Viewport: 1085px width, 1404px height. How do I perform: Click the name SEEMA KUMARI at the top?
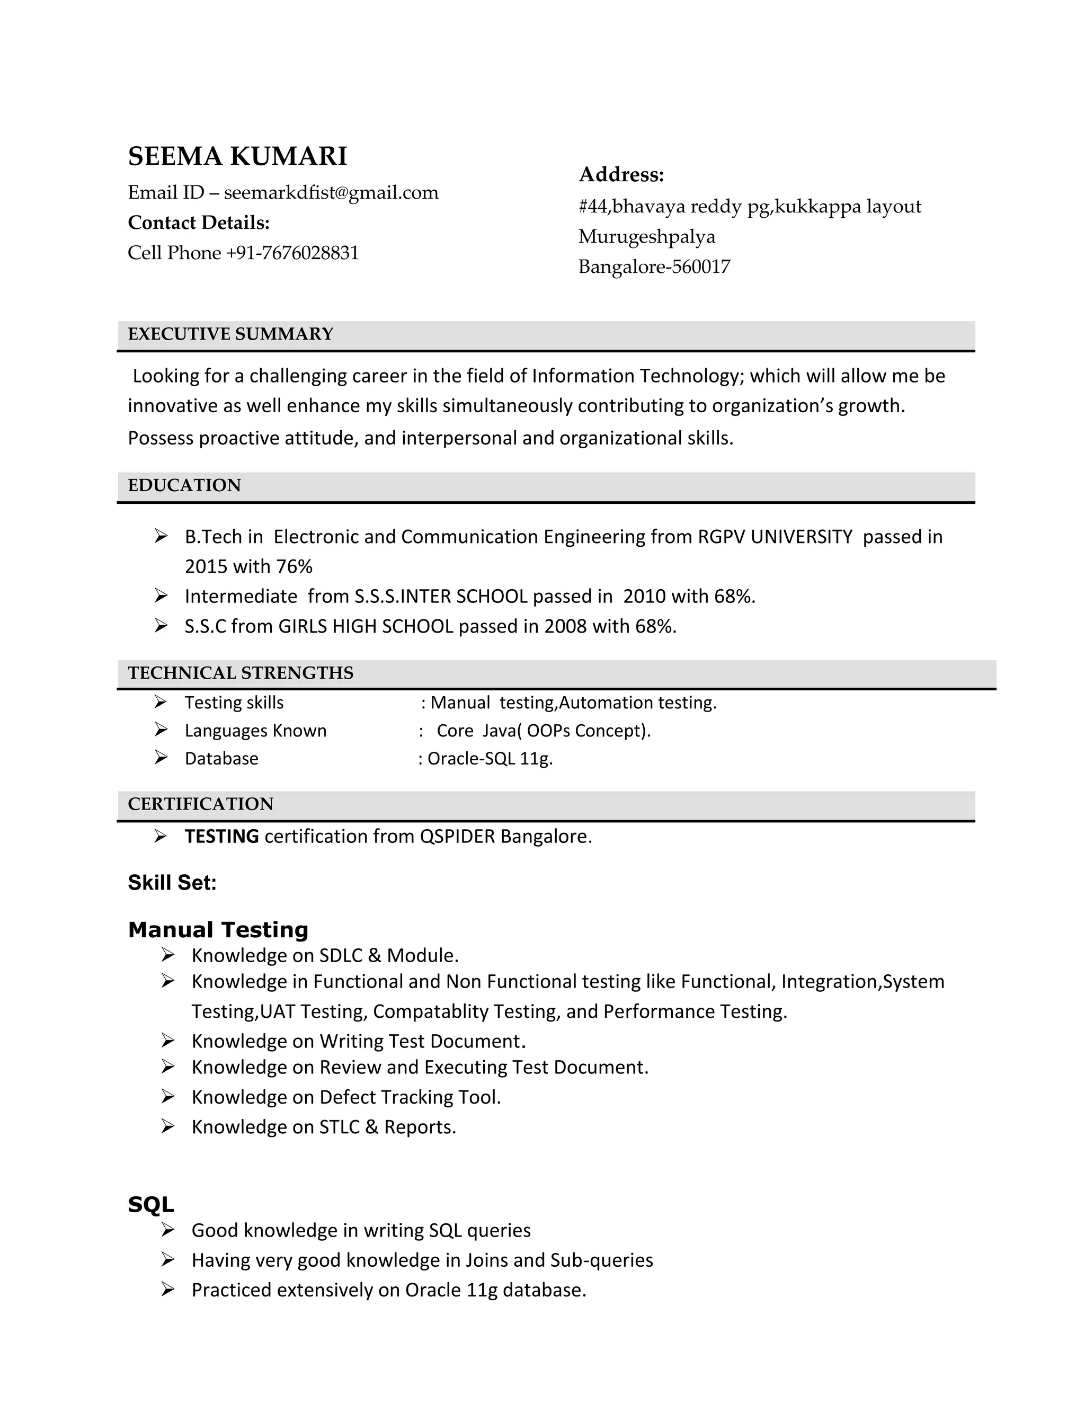tap(237, 156)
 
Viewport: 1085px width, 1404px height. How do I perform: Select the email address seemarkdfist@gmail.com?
tap(331, 192)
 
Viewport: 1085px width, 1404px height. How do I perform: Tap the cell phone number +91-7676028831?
tap(292, 253)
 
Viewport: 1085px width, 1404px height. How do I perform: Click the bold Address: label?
tap(621, 174)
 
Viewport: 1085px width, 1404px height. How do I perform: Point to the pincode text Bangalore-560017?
tap(654, 267)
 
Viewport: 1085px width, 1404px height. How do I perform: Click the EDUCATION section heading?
tap(184, 485)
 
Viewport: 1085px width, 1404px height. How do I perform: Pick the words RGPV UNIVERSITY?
tap(775, 537)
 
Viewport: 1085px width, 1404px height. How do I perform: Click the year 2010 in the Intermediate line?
tap(644, 597)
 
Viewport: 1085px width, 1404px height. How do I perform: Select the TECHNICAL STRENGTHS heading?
tap(241, 673)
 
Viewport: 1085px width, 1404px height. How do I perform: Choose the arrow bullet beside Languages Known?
tap(161, 730)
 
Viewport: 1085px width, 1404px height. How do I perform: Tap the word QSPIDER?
tap(457, 837)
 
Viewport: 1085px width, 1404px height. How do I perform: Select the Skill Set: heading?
tap(172, 883)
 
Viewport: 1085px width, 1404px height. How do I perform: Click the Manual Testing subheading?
tap(218, 930)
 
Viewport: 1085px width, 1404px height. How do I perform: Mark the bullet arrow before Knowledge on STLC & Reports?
tap(168, 1126)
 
